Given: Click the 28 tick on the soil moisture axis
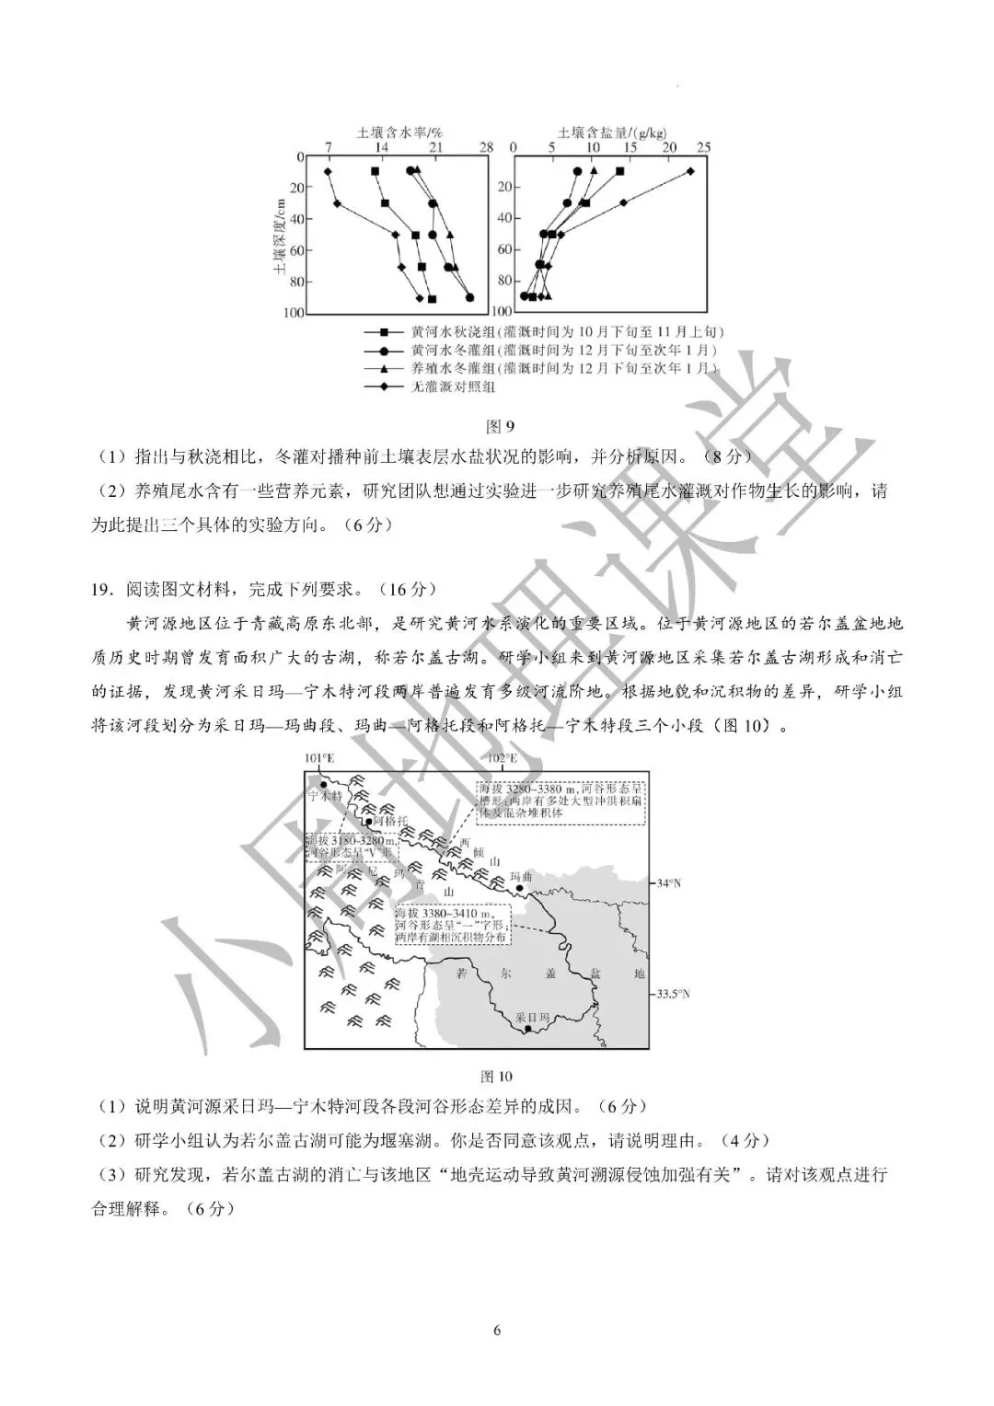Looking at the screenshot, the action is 487,147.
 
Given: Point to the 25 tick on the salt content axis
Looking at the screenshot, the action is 705,147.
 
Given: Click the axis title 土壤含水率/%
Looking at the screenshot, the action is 393,133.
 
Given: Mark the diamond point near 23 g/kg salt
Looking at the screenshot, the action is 691,171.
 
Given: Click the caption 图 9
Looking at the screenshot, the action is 498,426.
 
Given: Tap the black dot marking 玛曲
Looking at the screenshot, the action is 521,889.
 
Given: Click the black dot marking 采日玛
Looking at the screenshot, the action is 527,1030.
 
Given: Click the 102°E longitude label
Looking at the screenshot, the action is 502,758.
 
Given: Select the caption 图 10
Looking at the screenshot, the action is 497,1077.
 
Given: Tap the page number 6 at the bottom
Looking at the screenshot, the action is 497,1331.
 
